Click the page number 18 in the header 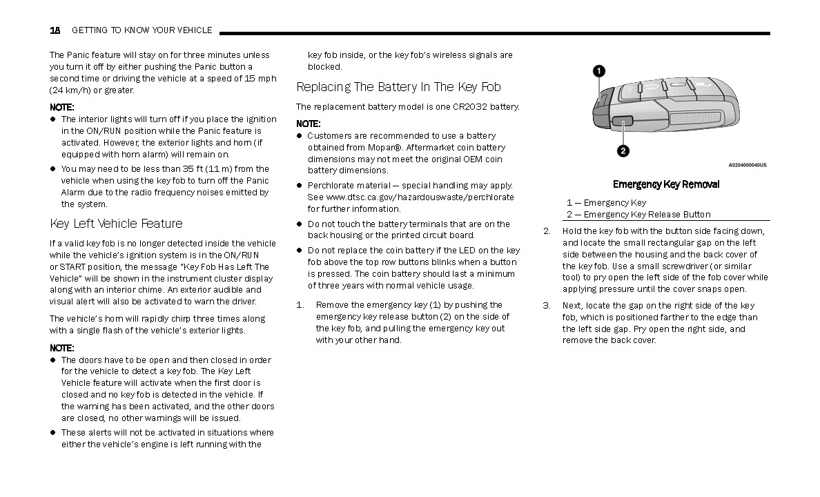click(x=55, y=30)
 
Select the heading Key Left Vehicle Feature click(x=116, y=224)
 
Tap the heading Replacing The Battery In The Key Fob click(x=398, y=87)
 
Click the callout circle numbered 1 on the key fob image click(x=599, y=70)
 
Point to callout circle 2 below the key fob click(x=623, y=151)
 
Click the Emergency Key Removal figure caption click(x=666, y=184)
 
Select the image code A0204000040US click(x=747, y=165)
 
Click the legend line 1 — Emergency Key click(x=607, y=202)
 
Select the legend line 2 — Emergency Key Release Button click(x=638, y=214)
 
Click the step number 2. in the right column click(x=547, y=231)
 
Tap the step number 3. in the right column click(x=547, y=305)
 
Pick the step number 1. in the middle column click(x=300, y=305)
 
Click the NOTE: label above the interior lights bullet click(x=61, y=107)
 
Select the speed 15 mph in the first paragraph click(x=260, y=79)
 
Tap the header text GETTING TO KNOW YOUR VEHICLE click(x=142, y=30)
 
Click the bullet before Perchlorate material click(x=300, y=186)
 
